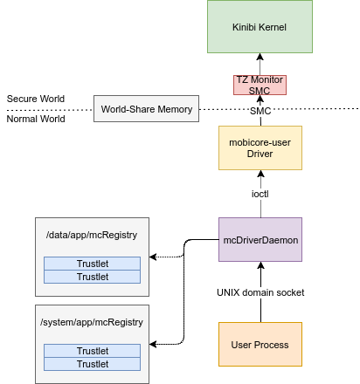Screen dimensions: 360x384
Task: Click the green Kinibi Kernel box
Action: pos(260,26)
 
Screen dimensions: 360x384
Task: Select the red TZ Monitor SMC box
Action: pos(260,85)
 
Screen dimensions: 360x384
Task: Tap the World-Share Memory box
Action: pos(146,108)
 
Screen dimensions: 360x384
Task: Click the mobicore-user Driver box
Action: pos(260,147)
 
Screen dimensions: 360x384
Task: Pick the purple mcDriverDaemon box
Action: pos(260,239)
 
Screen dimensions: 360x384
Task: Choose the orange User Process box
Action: pos(260,344)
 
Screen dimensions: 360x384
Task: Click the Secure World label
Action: pos(36,99)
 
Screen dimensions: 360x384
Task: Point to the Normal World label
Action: pos(36,119)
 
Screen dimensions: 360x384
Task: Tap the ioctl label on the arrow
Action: pos(260,194)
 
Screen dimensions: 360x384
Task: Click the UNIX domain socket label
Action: pos(260,292)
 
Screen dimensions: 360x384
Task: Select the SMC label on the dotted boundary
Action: pos(260,111)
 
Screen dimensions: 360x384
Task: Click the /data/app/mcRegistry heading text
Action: pos(92,235)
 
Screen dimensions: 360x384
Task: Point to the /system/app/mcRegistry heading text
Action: pos(92,322)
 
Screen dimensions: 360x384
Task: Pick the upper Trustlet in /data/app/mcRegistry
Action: pos(92,264)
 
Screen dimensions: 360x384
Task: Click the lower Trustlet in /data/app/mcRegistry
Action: pos(92,277)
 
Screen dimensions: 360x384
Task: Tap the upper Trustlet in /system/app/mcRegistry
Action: pos(92,351)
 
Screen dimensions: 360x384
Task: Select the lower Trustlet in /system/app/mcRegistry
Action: pos(92,364)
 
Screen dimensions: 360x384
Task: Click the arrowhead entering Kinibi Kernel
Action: pos(260,57)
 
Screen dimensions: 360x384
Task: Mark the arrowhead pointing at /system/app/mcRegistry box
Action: pos(153,344)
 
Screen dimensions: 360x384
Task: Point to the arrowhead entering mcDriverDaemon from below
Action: pos(260,265)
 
